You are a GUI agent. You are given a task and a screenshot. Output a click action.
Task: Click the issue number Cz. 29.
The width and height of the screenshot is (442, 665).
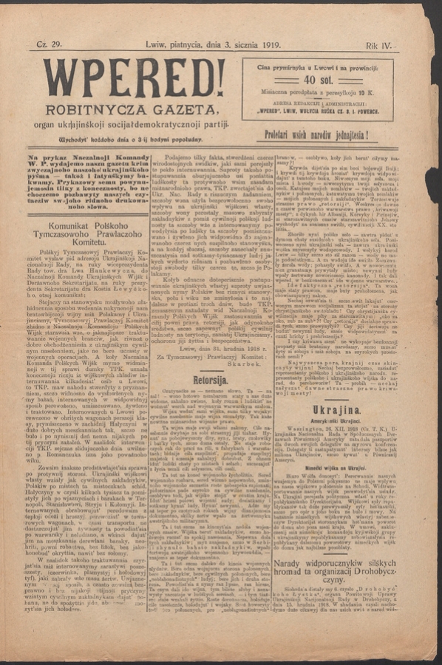49,46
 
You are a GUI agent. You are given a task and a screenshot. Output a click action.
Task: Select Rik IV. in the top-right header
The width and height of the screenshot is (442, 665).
379,46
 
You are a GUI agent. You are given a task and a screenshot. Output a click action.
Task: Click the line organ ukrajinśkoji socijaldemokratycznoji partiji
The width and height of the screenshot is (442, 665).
129,123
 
